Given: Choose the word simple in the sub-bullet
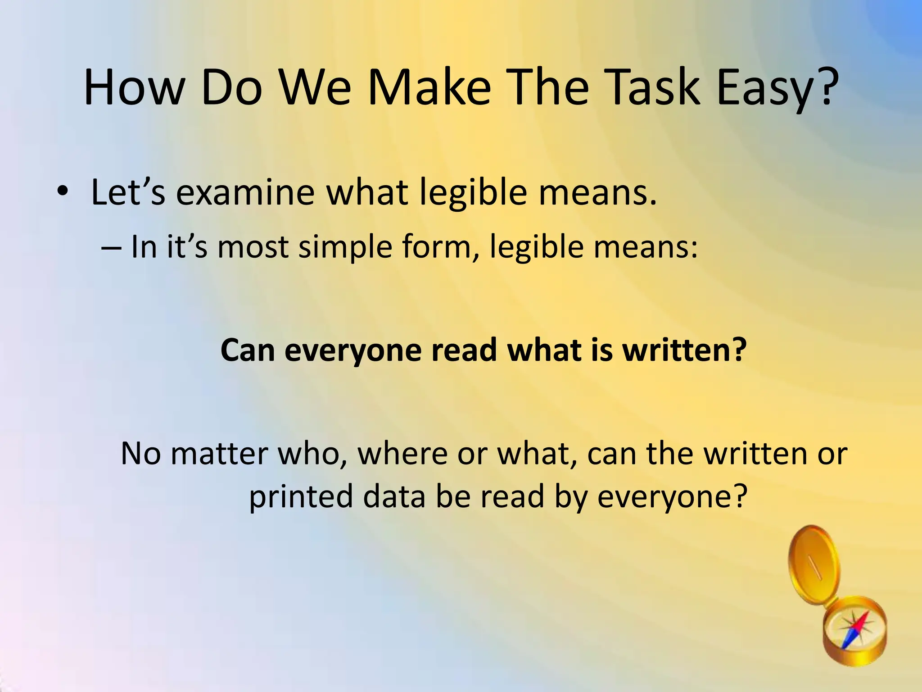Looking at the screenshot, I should [x=345, y=248].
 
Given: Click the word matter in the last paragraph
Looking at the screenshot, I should [x=219, y=454].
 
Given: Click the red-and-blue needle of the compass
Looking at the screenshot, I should [x=854, y=631].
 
